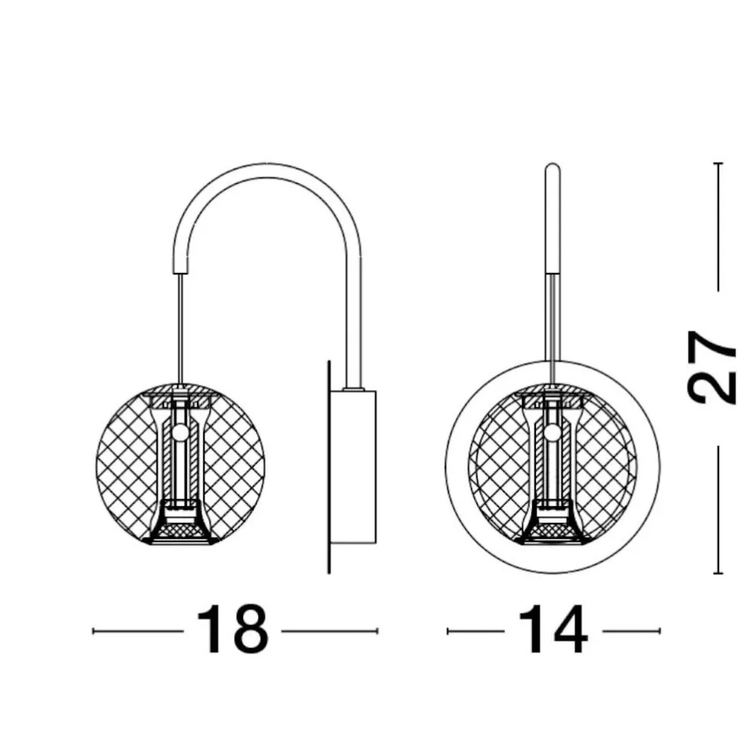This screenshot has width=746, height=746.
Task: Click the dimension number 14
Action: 553,631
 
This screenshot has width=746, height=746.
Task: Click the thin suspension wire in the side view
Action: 181,329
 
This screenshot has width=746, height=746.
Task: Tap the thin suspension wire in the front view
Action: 552,329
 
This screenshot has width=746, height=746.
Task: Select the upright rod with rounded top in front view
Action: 552,219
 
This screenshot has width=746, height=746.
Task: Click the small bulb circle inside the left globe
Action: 181,432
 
